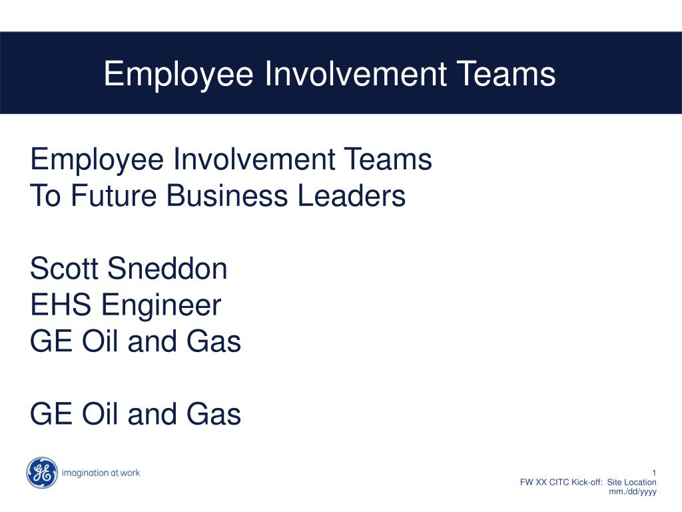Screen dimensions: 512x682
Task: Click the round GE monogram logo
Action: pos(42,473)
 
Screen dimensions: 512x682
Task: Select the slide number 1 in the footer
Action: pos(654,473)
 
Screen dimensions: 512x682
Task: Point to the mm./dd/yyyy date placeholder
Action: pos(633,492)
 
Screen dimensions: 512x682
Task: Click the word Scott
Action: pos(65,269)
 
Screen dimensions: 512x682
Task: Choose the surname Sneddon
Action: pos(167,269)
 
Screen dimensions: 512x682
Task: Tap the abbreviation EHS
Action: pos(62,305)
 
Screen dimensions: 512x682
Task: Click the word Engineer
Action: pos(161,305)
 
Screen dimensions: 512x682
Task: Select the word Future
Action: pos(113,196)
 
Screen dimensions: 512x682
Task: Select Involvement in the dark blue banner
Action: pos(354,73)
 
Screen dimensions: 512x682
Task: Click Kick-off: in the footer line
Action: pos(587,482)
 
